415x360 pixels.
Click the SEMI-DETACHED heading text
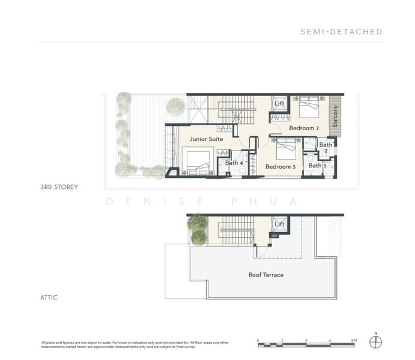tap(341, 32)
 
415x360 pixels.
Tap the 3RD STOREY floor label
tap(59, 187)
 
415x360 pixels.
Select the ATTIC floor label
tap(49, 297)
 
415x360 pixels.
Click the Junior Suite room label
tap(206, 139)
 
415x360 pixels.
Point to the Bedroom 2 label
tap(303, 128)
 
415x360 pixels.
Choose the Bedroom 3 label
tap(280, 166)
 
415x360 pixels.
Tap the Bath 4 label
tap(234, 163)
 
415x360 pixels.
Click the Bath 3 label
tap(317, 166)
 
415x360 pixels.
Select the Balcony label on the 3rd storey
tap(335, 115)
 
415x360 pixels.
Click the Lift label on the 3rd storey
tap(279, 104)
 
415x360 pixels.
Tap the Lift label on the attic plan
tap(279, 224)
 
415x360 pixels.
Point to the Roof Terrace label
tap(265, 275)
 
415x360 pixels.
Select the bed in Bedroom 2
tap(309, 109)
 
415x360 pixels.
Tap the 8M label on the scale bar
tap(354, 340)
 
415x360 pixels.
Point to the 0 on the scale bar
tap(258, 340)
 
